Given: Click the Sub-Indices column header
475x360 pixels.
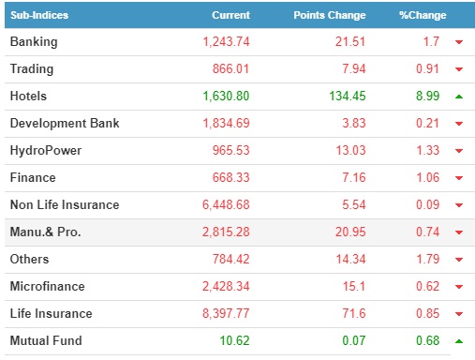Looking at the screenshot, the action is click(39, 15).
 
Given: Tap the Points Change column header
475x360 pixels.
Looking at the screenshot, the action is click(330, 15).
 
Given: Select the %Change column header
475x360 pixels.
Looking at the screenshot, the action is click(423, 15).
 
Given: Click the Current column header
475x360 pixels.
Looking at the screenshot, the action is click(230, 15).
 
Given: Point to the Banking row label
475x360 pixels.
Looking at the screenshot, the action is click(34, 42).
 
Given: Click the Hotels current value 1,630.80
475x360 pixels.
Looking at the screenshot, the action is click(226, 97).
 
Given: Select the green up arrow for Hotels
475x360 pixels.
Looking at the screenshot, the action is click(459, 97).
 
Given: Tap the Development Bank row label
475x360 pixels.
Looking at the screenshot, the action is click(65, 123).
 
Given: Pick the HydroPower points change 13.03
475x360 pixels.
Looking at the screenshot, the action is click(350, 150).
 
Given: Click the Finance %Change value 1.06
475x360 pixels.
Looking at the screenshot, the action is click(427, 177).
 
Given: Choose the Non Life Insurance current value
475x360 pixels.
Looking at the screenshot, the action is click(226, 205).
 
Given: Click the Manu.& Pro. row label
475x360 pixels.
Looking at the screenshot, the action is click(46, 232).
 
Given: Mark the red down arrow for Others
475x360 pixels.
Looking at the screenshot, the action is click(459, 260).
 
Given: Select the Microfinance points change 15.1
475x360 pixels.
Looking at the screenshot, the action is click(354, 286).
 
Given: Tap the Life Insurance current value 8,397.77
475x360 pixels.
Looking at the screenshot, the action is click(226, 313).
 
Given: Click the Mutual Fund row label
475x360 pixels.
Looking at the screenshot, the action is click(46, 340).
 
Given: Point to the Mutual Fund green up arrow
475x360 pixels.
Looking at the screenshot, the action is click(459, 341).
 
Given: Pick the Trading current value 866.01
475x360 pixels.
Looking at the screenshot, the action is click(230, 68).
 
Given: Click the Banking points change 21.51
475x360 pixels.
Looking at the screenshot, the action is click(350, 41).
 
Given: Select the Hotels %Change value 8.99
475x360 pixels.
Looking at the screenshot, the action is click(427, 96).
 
